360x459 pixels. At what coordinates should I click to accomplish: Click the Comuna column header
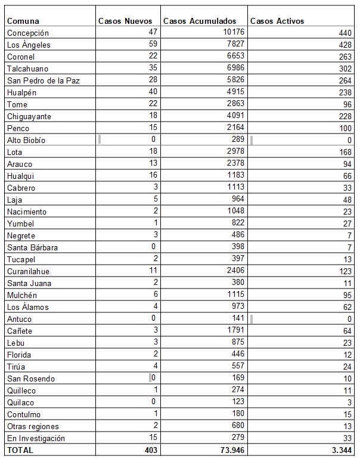coord(23,21)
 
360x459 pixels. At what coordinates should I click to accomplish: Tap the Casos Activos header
coord(277,21)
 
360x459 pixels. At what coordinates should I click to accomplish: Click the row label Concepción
coord(28,33)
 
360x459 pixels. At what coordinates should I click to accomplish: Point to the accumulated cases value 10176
coord(232,33)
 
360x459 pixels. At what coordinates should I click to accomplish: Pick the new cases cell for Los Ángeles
coord(151,45)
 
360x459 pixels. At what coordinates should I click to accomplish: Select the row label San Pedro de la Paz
coord(40,80)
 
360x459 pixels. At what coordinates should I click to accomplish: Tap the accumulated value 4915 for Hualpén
coord(235,92)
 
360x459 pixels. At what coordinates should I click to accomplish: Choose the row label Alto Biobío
coord(26,140)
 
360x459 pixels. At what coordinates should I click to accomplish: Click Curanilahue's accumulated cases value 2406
coord(235,271)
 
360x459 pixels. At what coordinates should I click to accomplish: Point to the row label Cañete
coord(20,331)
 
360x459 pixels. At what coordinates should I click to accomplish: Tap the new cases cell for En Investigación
coord(151,438)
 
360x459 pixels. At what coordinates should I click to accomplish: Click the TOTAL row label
coord(20,450)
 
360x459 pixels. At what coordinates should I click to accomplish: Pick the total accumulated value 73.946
coord(231,450)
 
